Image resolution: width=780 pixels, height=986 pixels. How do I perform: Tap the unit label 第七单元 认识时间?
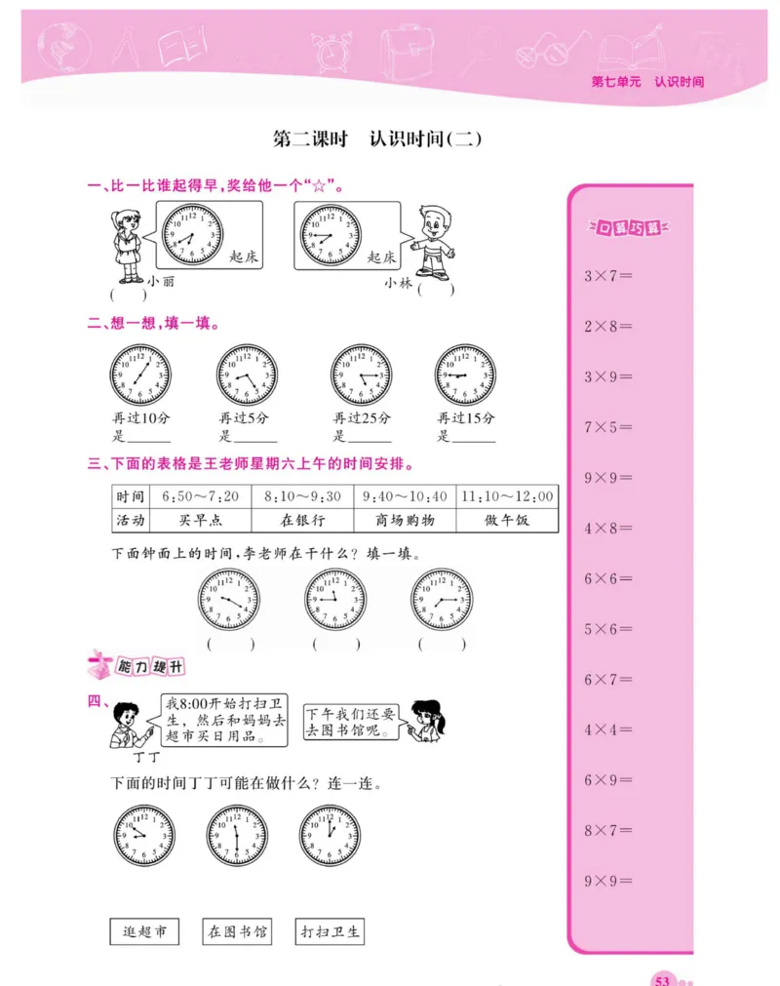pos(646,82)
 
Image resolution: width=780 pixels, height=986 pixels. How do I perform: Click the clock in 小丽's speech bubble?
pos(192,235)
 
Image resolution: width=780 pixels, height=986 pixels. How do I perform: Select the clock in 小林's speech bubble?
pos(330,235)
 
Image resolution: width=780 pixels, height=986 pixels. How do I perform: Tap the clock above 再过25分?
pos(362,375)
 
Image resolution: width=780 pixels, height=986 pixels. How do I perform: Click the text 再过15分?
pos(466,418)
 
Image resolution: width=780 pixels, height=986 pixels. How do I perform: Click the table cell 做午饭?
pos(506,521)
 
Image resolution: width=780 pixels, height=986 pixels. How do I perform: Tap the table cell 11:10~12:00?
pos(506,496)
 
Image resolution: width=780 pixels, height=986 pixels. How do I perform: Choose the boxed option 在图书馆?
pos(237,932)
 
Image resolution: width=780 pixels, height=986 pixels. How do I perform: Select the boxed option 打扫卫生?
pos(331,932)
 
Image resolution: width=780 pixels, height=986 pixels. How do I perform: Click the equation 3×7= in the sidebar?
pos(608,276)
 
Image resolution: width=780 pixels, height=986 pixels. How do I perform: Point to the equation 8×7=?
pos(608,831)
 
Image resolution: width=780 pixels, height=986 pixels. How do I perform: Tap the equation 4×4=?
pos(608,730)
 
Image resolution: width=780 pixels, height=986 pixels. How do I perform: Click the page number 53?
pos(663,978)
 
